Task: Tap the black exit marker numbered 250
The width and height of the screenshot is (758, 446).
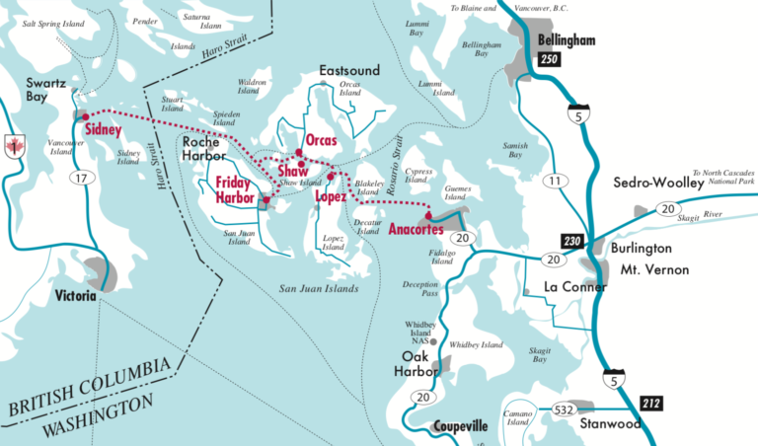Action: click(x=552, y=61)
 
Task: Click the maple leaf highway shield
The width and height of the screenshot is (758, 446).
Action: click(x=14, y=146)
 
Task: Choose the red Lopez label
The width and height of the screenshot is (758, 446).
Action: click(x=331, y=196)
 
